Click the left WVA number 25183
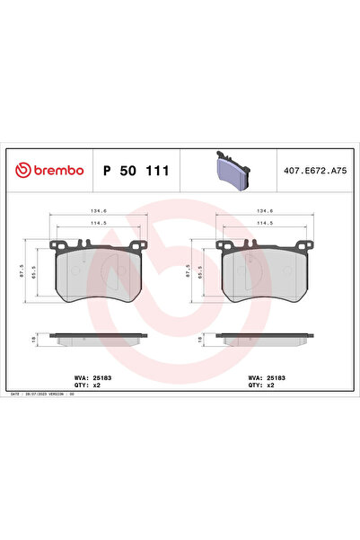click(x=105, y=378)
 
